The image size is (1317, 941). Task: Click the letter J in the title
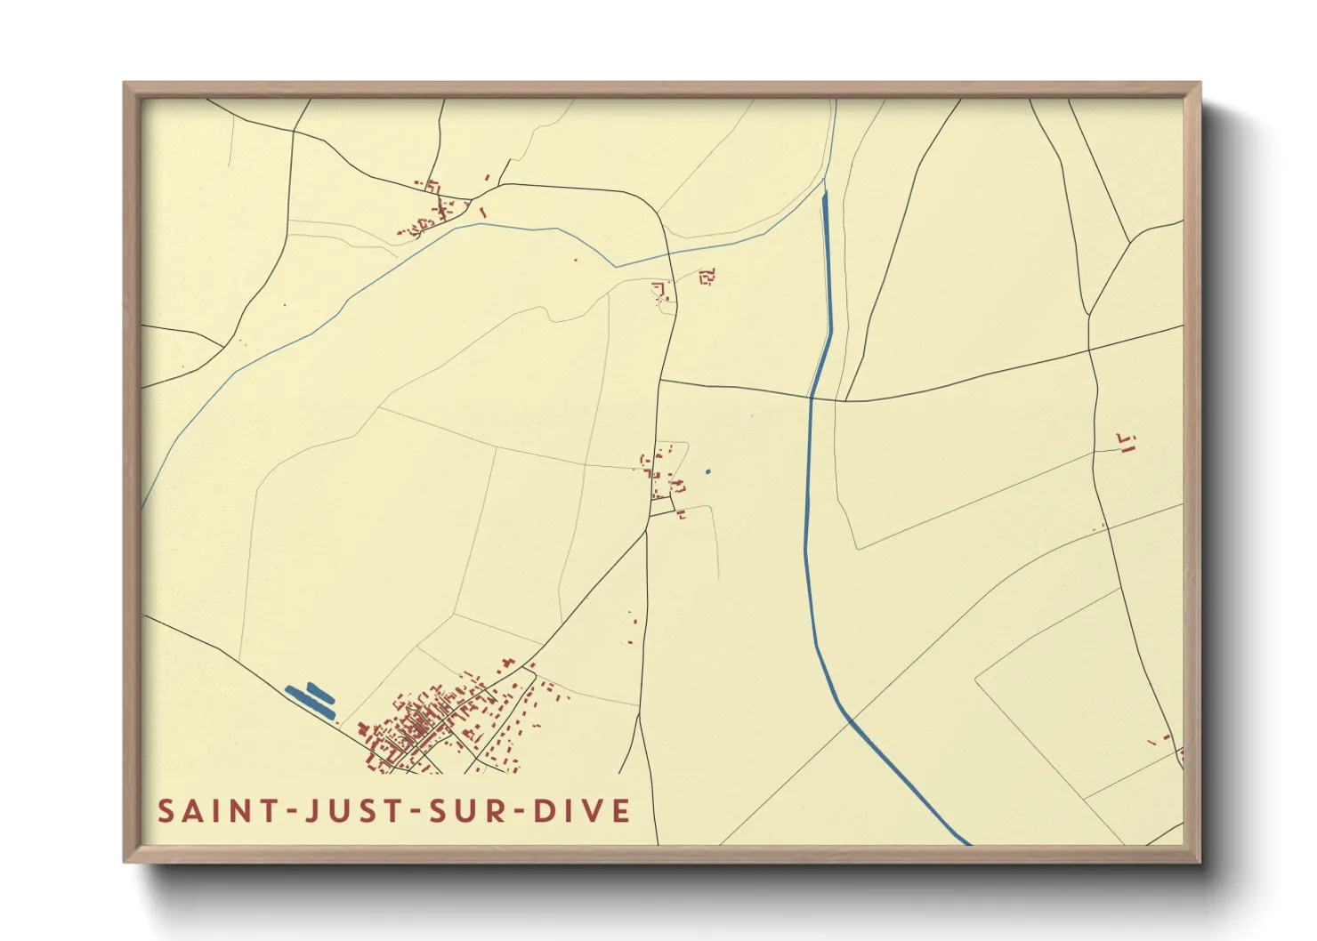tap(312, 811)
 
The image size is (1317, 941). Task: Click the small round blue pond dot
tap(708, 471)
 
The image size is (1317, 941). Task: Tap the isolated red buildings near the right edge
tap(1127, 442)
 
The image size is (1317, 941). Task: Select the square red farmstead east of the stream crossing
tap(707, 277)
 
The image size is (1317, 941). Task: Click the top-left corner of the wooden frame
tap(125, 84)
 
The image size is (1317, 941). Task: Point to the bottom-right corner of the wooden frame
tap(1200, 861)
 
